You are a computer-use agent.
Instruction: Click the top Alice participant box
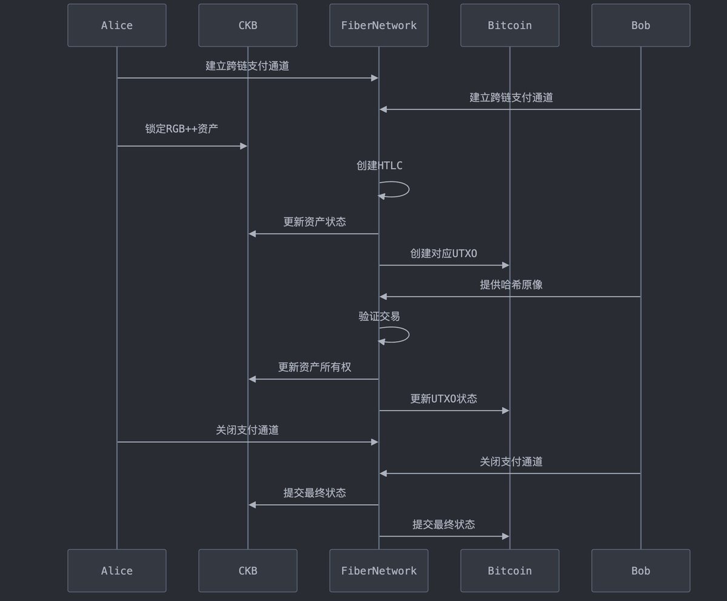(117, 25)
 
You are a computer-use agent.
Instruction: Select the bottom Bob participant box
(640, 571)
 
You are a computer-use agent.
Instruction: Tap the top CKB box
(248, 25)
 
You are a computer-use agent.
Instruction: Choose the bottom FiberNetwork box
(379, 571)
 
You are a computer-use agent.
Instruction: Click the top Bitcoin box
(510, 25)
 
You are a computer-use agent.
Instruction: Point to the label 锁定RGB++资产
(182, 128)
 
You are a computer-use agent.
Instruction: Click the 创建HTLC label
(379, 165)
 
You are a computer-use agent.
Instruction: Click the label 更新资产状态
(314, 222)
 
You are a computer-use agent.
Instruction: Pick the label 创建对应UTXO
(443, 253)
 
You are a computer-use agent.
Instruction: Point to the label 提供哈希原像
(511, 285)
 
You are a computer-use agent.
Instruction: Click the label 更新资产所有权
(314, 367)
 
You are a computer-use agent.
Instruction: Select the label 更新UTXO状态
(443, 399)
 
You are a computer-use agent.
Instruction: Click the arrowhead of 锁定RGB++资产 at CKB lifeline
(244, 146)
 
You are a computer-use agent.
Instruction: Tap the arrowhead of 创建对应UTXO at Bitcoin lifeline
(505, 265)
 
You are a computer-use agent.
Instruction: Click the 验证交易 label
(379, 316)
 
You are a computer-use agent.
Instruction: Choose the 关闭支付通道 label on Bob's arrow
(511, 462)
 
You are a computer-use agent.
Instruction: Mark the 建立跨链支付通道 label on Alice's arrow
(247, 66)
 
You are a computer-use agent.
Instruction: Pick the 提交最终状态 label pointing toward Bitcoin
(443, 525)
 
